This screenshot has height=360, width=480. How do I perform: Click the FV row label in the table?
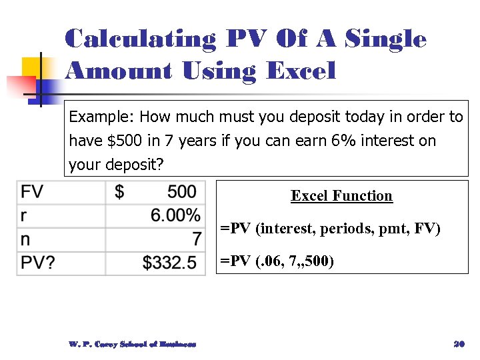tap(32, 192)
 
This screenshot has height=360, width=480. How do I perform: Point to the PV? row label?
tap(38, 263)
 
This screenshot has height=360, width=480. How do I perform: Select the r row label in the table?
tap(25, 215)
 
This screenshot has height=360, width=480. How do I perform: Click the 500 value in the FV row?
tap(181, 192)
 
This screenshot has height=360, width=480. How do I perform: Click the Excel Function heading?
tap(341, 196)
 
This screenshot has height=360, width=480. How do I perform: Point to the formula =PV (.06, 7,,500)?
tap(277, 261)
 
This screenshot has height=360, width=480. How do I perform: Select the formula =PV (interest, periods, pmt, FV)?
tap(331, 229)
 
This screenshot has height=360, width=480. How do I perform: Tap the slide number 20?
tap(458, 344)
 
